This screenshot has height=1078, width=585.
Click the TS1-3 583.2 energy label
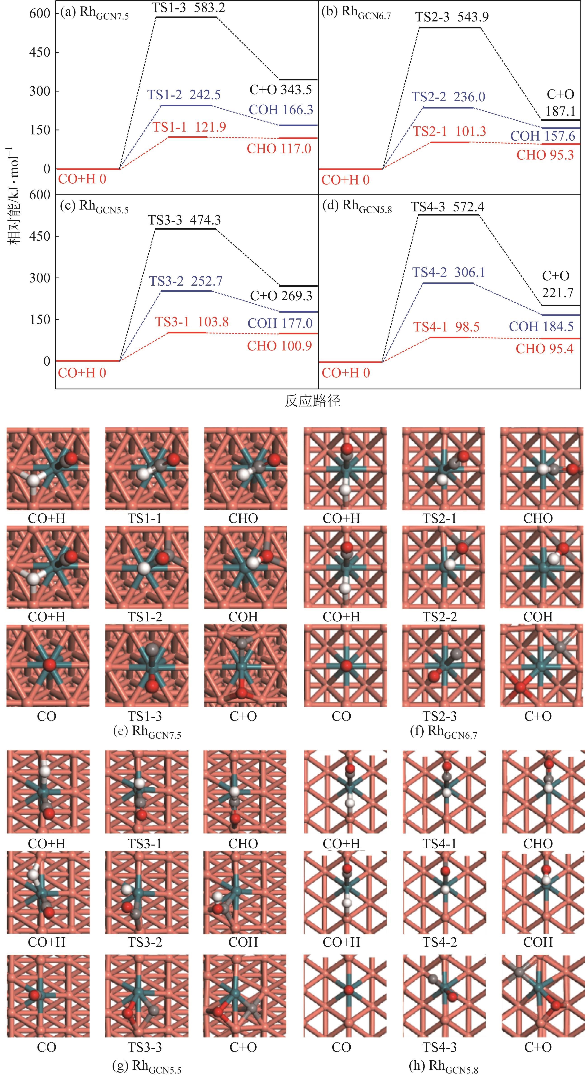[x=190, y=7]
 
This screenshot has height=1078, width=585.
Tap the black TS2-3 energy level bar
[x=450, y=28]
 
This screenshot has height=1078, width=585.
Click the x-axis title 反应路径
[x=313, y=401]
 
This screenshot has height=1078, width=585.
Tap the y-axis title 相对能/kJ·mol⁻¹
[x=16, y=197]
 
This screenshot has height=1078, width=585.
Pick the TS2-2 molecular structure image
[x=443, y=567]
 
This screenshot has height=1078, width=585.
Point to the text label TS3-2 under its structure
[x=145, y=942]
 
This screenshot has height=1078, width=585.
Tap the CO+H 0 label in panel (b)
[x=345, y=180]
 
